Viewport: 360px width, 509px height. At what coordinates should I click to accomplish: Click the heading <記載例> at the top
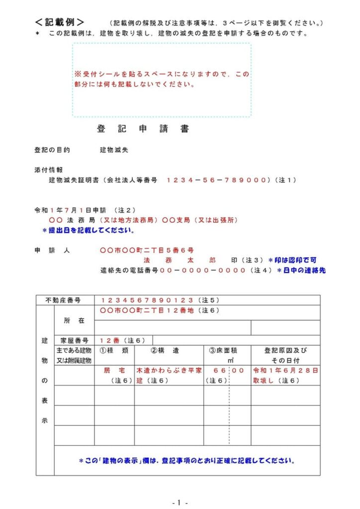point(59,22)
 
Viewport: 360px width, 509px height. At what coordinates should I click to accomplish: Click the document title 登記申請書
point(143,129)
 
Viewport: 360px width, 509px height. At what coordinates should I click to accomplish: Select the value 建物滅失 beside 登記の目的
point(114,150)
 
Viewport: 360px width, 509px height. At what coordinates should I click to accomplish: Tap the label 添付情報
point(48,170)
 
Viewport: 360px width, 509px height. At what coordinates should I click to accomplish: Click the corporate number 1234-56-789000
point(217,180)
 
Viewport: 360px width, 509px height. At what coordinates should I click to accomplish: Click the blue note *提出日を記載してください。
point(88,231)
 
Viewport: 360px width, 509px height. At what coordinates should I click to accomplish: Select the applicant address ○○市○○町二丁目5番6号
point(147,250)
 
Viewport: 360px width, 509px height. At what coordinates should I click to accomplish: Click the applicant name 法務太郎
point(180,260)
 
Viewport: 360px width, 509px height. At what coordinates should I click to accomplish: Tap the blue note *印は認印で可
point(292,260)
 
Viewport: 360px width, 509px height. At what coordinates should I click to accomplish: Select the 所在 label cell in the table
point(74,321)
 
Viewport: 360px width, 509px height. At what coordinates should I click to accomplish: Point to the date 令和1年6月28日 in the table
point(285,371)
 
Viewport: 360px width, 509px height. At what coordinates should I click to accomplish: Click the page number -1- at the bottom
point(180,503)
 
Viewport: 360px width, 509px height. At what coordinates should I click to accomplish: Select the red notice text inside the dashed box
point(162,79)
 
